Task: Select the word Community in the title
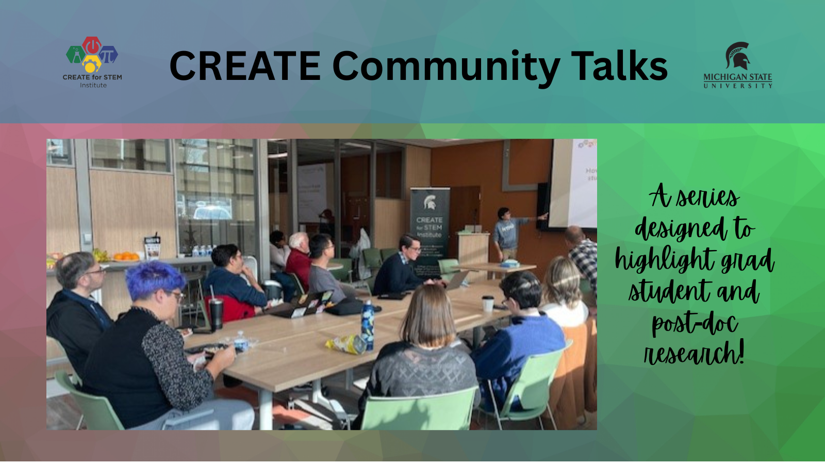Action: pos(446,67)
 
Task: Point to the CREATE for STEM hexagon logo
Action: pos(92,54)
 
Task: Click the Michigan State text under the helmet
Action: pos(737,77)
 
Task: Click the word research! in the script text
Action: pos(694,354)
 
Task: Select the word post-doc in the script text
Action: pos(695,323)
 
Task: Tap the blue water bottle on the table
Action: pos(367,325)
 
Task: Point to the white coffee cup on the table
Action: pos(488,304)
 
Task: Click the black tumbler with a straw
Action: pos(216,313)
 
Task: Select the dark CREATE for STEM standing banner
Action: pos(430,227)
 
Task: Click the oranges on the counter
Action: pos(125,256)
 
